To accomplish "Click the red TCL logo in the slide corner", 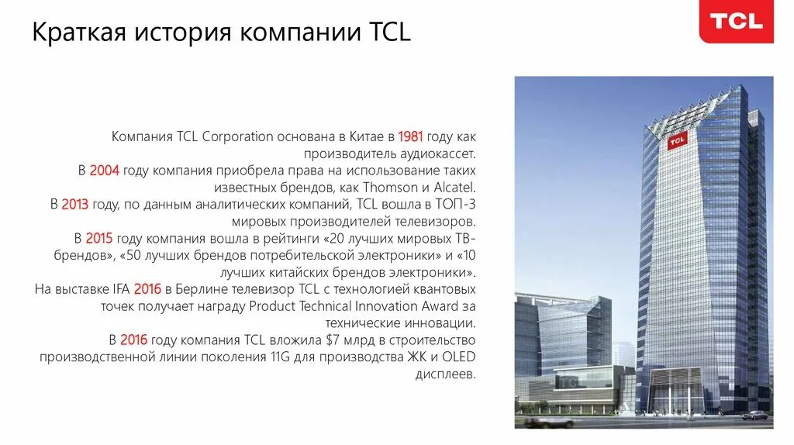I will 737,22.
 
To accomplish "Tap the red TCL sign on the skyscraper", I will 676,141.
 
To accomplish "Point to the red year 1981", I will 410,136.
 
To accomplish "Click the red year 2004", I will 104,171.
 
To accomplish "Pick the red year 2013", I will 74,204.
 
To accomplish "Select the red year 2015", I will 99,238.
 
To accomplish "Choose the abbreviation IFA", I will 121,289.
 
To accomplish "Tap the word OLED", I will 460,357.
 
